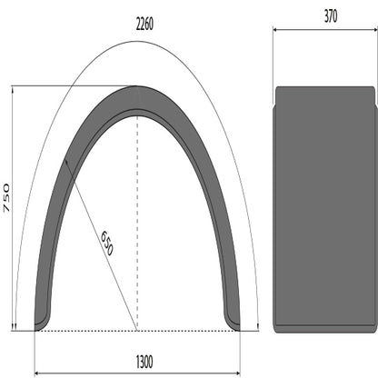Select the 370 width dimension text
(324, 15)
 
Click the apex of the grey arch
(137, 92)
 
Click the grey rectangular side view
(324, 207)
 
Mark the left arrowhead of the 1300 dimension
(37, 373)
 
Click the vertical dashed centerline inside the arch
(137, 227)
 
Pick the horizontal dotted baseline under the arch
(91, 330)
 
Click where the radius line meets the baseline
(137, 330)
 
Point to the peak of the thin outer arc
(137, 39)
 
